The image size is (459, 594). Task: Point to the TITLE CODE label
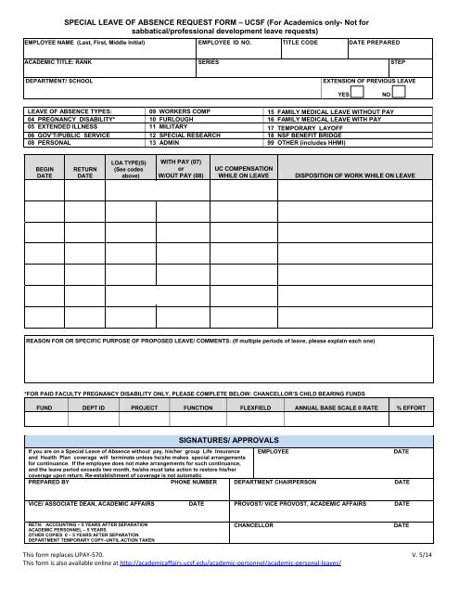point(301,43)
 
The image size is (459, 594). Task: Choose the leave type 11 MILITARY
point(171,136)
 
